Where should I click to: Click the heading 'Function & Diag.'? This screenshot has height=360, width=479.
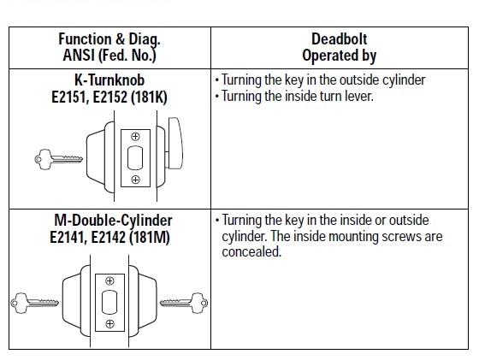109,39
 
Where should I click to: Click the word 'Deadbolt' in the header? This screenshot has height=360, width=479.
339,39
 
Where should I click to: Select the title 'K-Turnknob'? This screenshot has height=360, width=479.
109,80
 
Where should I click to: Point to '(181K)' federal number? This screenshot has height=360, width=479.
149,97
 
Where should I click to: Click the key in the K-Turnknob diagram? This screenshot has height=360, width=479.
58,159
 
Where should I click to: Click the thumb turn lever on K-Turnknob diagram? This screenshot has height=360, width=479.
174,143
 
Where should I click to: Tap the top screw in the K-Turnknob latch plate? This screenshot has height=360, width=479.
135,137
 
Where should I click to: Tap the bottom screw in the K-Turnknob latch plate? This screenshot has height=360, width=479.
135,180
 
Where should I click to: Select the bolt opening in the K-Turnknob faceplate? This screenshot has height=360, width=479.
135,158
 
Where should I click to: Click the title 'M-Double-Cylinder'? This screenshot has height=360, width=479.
113,220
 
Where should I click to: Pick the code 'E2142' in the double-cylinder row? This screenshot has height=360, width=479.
109,237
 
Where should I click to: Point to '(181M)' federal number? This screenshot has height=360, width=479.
150,238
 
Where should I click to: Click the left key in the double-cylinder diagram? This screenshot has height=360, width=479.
34,303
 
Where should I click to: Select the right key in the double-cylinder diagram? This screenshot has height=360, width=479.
184,303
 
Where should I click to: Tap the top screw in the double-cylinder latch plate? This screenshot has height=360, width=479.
109,280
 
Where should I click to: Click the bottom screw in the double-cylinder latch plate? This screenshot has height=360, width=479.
109,324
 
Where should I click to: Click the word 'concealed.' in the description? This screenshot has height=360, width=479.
251,252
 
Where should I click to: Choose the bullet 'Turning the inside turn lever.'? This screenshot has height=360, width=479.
294,96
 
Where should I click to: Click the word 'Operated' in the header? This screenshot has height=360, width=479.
326,56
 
